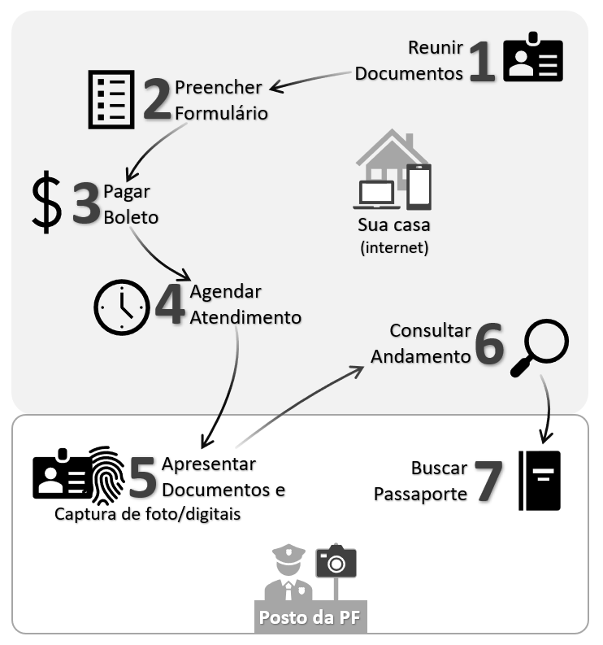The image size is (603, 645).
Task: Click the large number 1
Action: pos(483,63)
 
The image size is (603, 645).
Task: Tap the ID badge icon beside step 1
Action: pos(532,58)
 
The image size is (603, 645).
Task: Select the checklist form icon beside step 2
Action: pos(111,99)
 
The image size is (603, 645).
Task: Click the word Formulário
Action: pos(221,112)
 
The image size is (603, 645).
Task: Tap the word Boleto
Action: pos(131,218)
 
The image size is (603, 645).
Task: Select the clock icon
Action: pos(122,307)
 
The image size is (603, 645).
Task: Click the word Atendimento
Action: pos(245,317)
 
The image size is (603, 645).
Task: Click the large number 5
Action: pos(142,478)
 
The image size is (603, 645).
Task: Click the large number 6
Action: pos(489,346)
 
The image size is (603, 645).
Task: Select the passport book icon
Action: pos(540,481)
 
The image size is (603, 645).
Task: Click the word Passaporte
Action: pos(420,494)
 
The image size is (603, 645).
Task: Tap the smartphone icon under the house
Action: pos(419,186)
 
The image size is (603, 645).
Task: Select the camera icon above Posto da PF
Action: pos(336,562)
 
